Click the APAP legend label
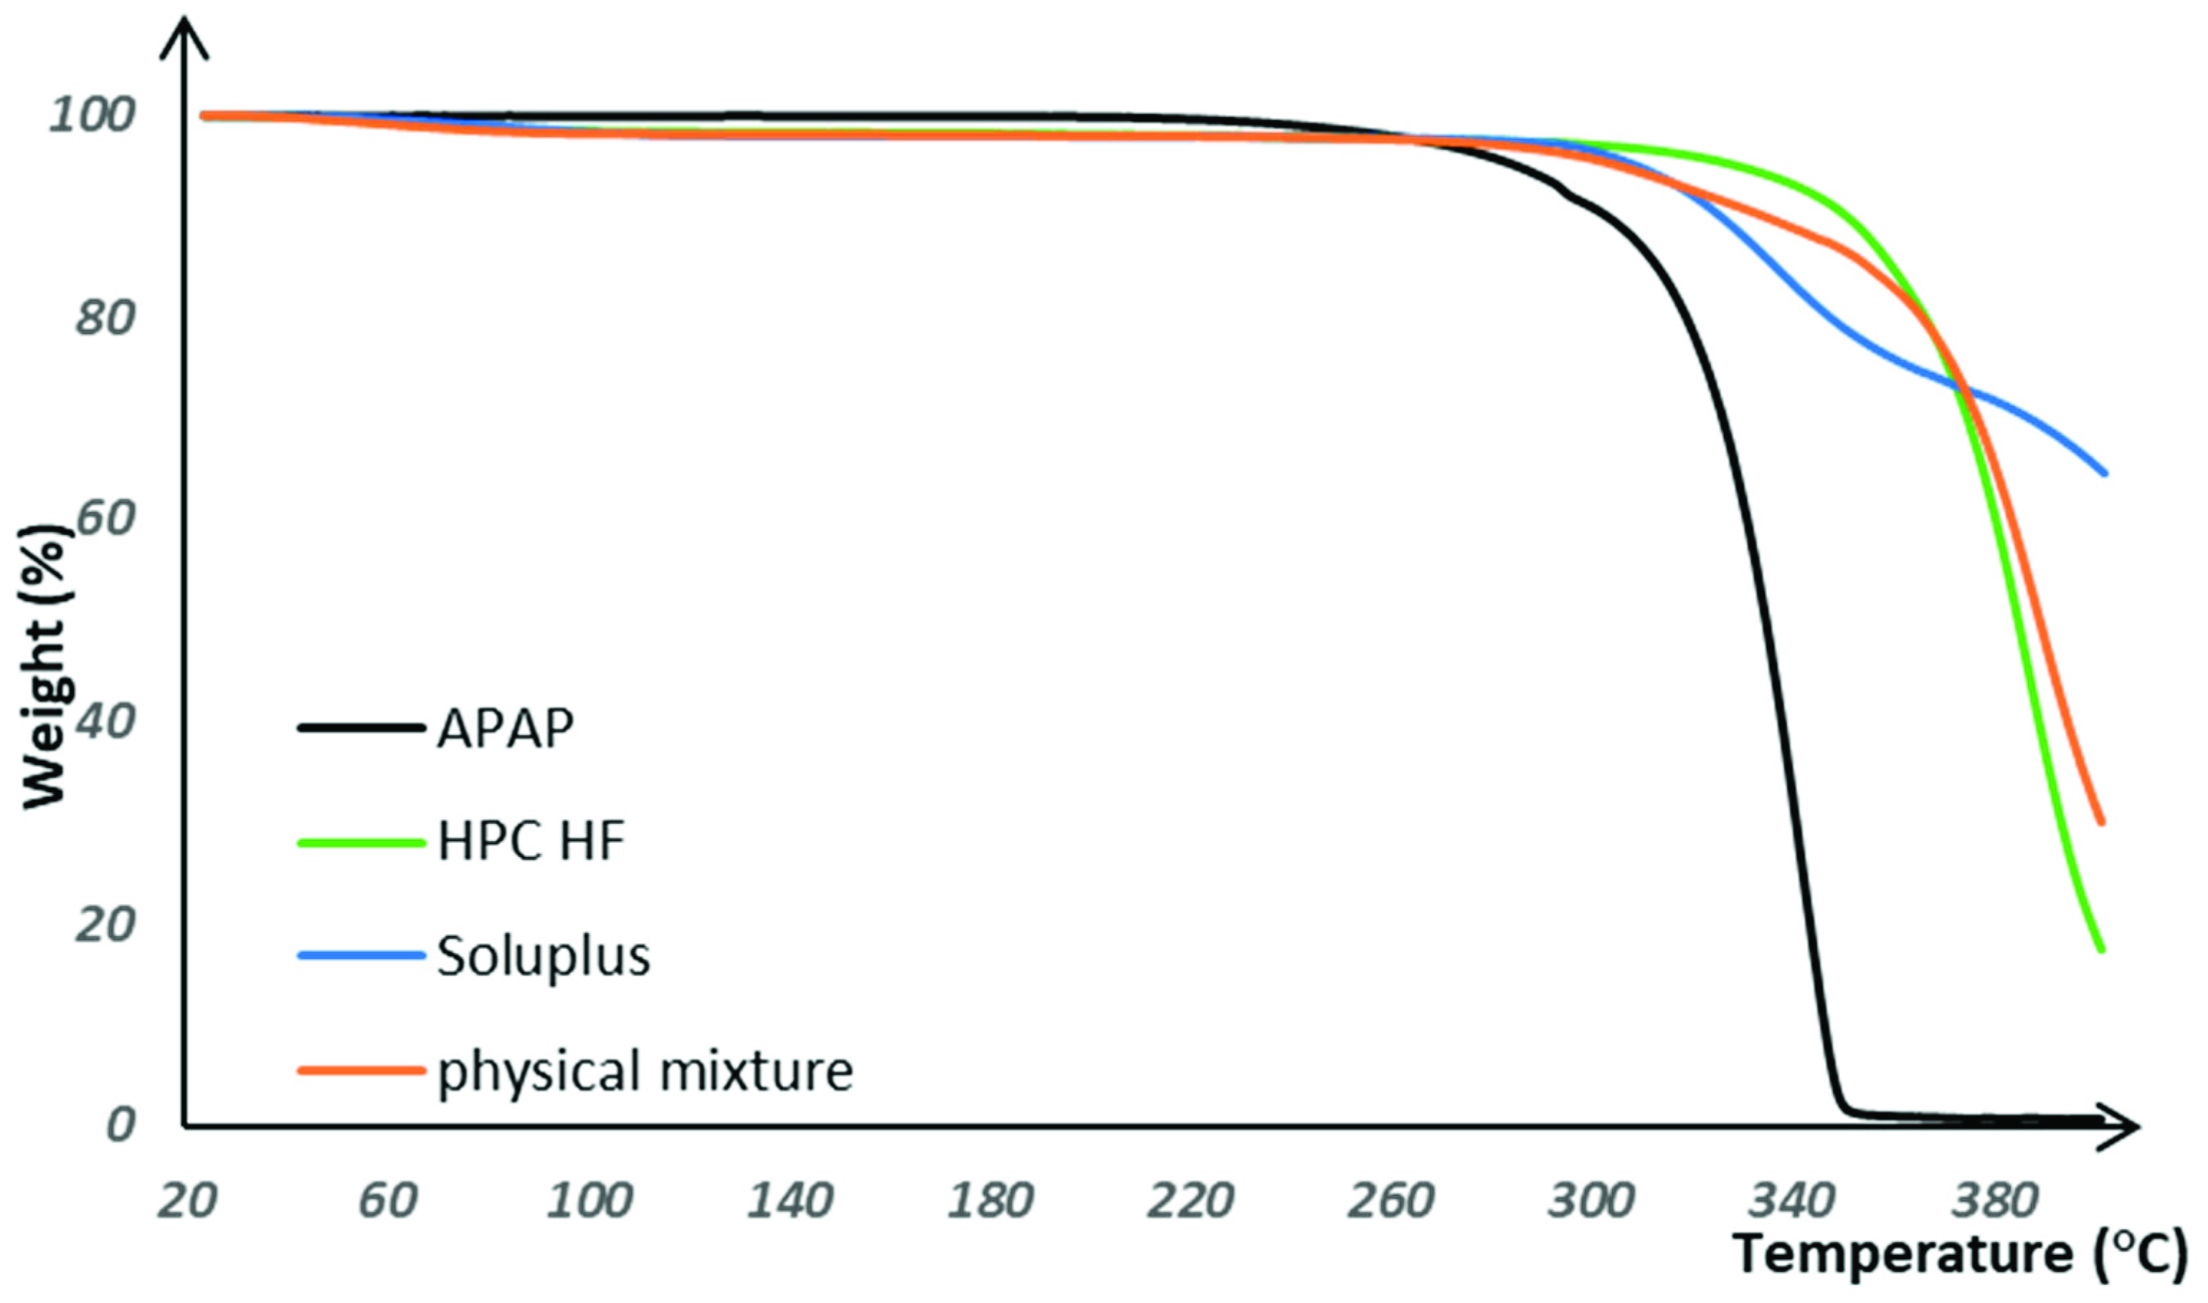[x=506, y=728]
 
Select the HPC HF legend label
[x=531, y=841]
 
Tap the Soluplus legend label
[x=544, y=955]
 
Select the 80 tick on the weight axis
[x=105, y=317]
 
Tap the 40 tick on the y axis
[x=105, y=721]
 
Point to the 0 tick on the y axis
[x=120, y=1124]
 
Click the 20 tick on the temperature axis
[x=187, y=1200]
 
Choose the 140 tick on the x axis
[x=788, y=1200]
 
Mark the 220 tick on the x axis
[x=1190, y=1200]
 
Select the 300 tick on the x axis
[x=1591, y=1200]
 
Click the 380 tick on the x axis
[x=1993, y=1200]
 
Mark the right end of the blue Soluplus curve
[x=2103, y=473]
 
